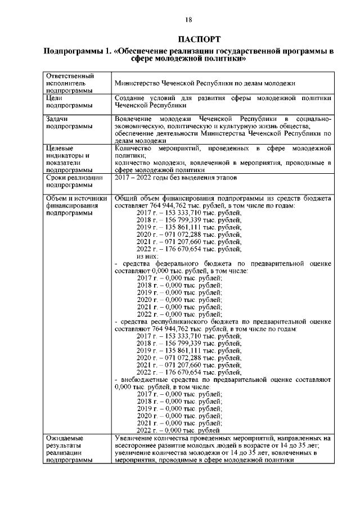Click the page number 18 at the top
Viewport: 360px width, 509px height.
188,20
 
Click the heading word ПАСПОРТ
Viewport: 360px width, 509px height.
188,39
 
